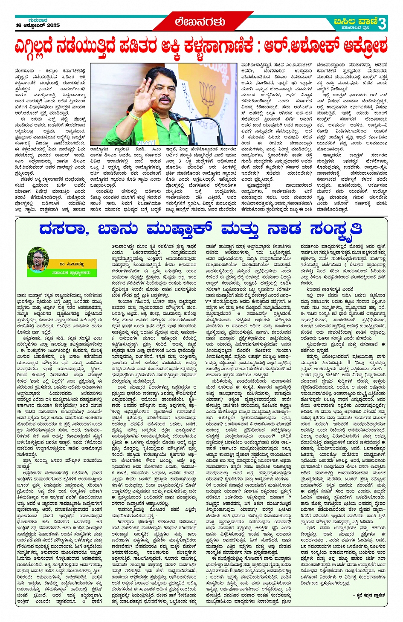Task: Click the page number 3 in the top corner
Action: tap(382, 23)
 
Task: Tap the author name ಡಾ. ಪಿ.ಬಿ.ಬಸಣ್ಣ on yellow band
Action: tap(71, 264)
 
